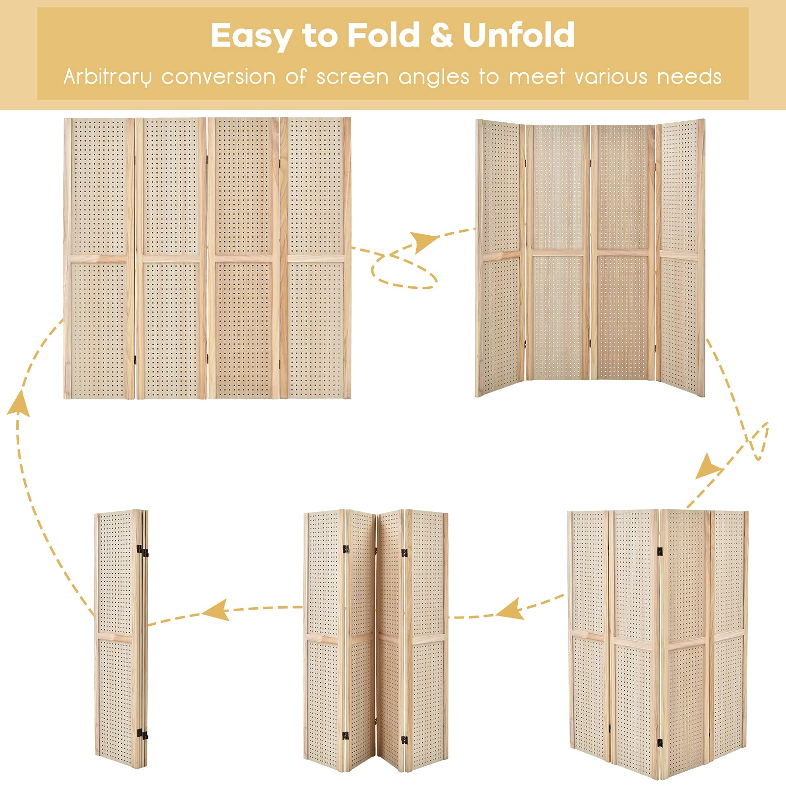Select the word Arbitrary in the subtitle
coord(107,77)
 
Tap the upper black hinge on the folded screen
coord(142,551)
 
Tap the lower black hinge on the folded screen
coord(142,734)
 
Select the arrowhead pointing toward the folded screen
coord(217,611)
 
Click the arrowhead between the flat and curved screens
coord(424,241)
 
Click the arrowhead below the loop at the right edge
coord(708,467)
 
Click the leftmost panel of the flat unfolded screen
coord(99,258)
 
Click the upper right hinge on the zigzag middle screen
coord(404,553)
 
